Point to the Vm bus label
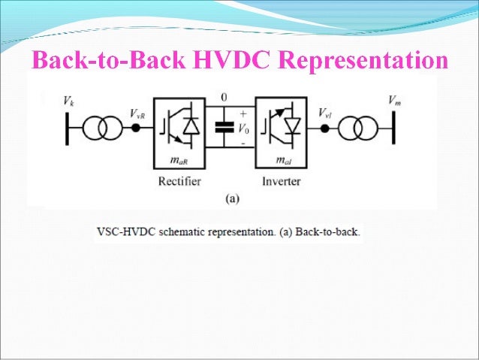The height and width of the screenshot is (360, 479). (x=394, y=100)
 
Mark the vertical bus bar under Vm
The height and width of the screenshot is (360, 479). (x=393, y=128)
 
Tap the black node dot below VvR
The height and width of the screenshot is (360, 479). (x=137, y=128)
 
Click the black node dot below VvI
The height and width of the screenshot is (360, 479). (x=324, y=128)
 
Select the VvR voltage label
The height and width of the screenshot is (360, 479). (x=137, y=113)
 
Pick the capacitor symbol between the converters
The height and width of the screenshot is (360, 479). (x=221, y=127)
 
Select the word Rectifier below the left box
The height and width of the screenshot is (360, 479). (x=179, y=181)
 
